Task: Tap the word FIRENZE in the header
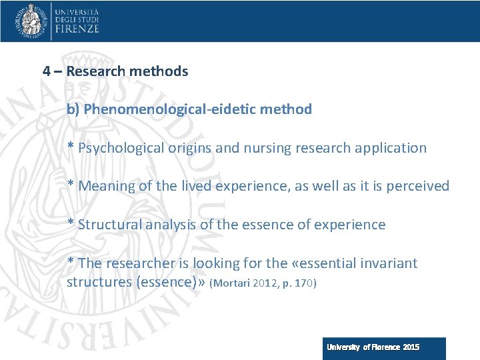pos(77,29)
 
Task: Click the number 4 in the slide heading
pos(47,71)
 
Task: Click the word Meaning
pos(106,186)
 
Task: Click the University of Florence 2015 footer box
pos(384,348)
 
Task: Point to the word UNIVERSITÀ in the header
pos(77,12)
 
